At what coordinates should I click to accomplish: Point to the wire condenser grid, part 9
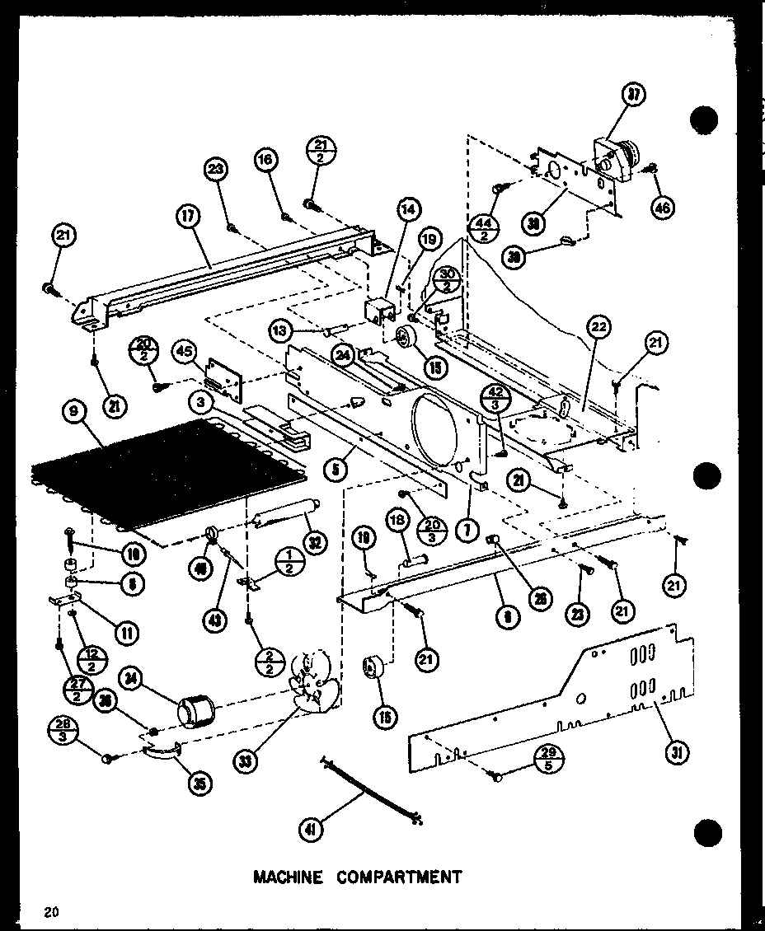[165, 474]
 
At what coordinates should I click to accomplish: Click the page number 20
[52, 911]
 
